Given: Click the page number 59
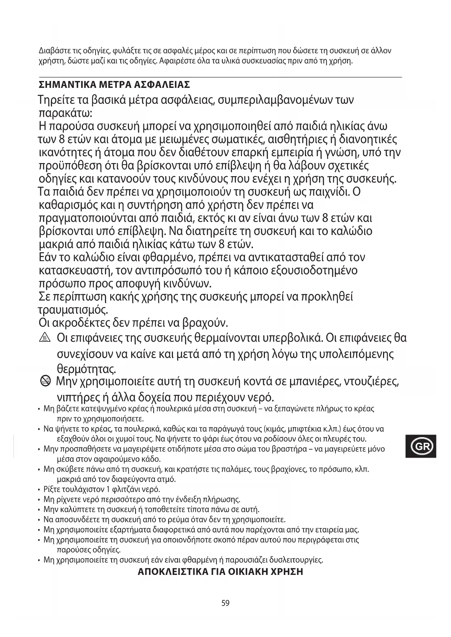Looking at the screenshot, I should point(225,603).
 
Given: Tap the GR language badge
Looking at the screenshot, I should point(421,446).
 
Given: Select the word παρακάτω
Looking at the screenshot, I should point(65,113).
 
